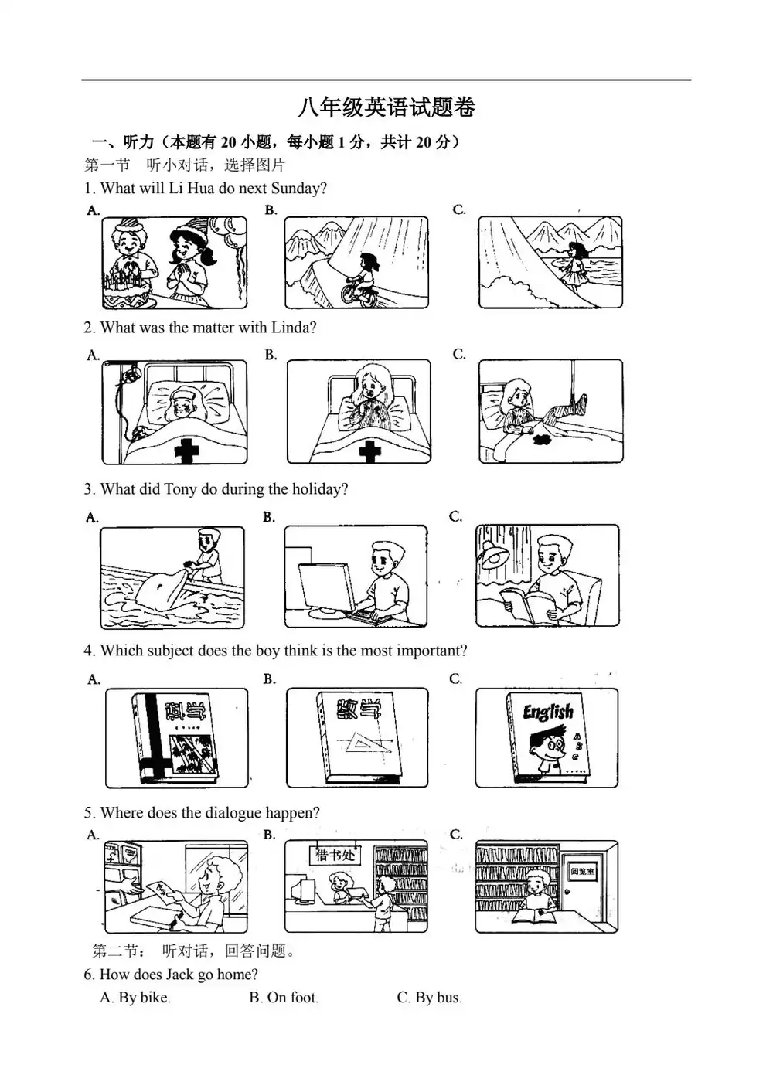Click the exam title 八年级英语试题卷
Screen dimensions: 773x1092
point(386,107)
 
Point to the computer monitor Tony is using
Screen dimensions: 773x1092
point(325,588)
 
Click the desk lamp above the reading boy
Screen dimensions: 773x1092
point(493,553)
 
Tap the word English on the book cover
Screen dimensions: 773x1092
point(548,713)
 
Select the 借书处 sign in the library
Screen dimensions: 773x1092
point(336,855)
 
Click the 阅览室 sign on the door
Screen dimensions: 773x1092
point(583,871)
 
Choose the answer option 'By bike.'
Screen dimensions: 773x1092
point(135,998)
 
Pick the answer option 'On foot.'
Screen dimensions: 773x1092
point(284,998)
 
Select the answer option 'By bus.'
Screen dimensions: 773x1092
point(430,998)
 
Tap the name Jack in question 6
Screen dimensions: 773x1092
point(180,974)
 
